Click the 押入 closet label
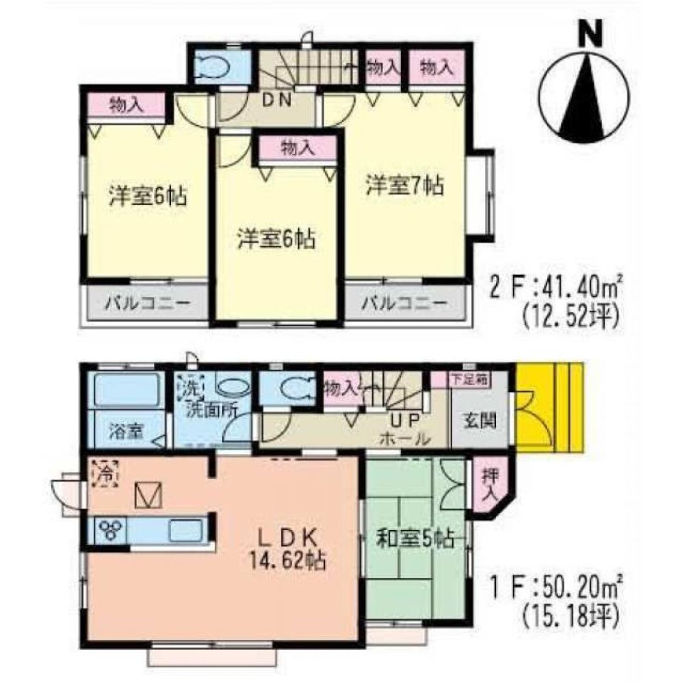pyautogui.click(x=489, y=484)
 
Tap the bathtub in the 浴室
pyautogui.click(x=127, y=393)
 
